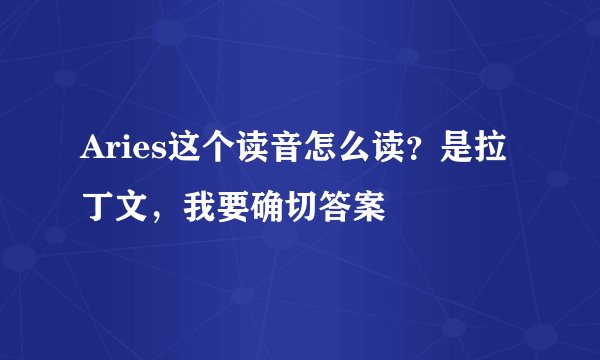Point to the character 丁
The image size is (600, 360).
(x=97, y=207)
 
